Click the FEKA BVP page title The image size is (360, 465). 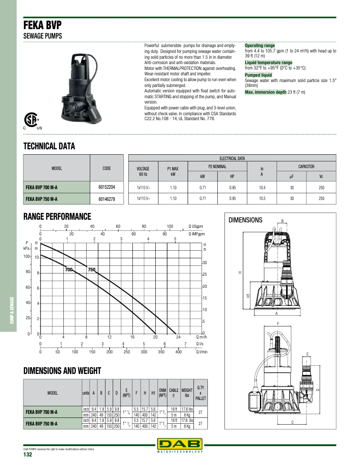pyautogui.click(x=43, y=26)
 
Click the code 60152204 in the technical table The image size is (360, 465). pyautogui.click(x=107, y=186)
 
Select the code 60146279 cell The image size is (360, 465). pyautogui.click(x=107, y=198)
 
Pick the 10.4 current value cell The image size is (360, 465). pyautogui.click(x=262, y=186)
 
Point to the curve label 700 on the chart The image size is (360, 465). pyautogui.click(x=69, y=269)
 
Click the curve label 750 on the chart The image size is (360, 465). pyautogui.click(x=92, y=269)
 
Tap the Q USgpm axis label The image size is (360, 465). pyautogui.click(x=196, y=226)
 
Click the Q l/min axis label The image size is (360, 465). pyautogui.click(x=202, y=352)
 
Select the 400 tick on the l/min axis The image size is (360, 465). pyautogui.click(x=178, y=352)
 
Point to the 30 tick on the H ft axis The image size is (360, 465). pyautogui.click(x=205, y=262)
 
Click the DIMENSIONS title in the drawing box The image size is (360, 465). pyautogui.click(x=246, y=220)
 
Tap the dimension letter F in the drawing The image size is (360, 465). pyautogui.click(x=278, y=324)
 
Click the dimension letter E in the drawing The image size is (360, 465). pyautogui.click(x=307, y=354)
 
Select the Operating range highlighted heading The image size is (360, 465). pyautogui.click(x=260, y=46)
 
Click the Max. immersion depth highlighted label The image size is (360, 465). pyautogui.click(x=265, y=92)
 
